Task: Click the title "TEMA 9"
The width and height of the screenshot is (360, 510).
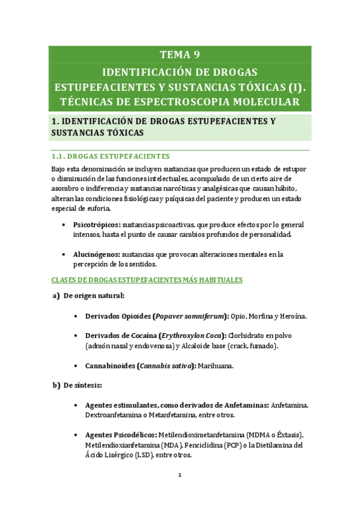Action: click(179, 56)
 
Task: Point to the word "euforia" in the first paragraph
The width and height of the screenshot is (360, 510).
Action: click(98, 209)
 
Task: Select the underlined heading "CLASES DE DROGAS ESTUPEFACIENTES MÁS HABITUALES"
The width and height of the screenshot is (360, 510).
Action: click(147, 280)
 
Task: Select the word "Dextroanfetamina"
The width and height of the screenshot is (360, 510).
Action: click(116, 415)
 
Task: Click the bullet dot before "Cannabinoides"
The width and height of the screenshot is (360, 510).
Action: click(73, 365)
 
